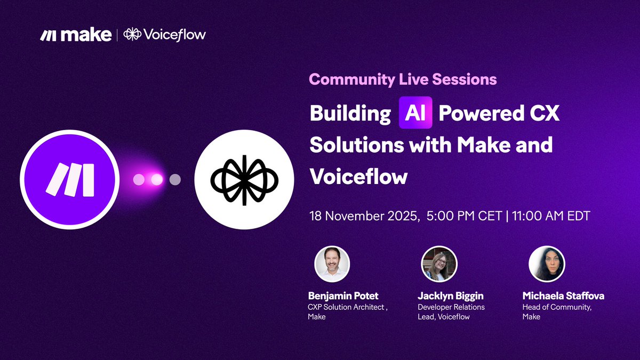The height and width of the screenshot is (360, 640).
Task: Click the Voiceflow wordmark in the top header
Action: [x=165, y=35]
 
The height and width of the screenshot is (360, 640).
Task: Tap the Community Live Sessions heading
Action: [x=403, y=80]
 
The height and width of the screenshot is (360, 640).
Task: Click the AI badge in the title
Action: [x=415, y=113]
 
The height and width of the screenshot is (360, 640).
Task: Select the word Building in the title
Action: [x=350, y=114]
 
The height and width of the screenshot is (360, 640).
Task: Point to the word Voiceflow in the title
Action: [x=358, y=177]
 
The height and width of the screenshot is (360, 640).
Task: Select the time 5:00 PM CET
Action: [x=465, y=217]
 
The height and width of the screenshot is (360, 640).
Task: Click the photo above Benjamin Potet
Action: [x=332, y=264]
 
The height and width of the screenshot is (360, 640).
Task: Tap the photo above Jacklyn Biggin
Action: [x=439, y=264]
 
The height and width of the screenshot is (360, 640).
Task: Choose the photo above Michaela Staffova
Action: [x=547, y=264]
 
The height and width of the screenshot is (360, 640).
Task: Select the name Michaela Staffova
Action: [x=563, y=296]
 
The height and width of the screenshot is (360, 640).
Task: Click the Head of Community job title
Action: [x=556, y=307]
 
